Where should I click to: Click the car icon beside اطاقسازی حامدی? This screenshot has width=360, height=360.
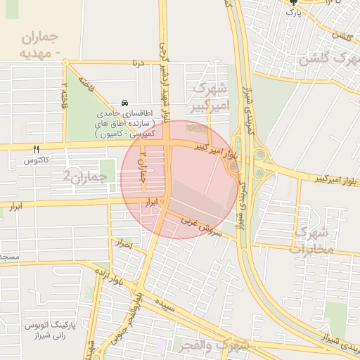[125, 103]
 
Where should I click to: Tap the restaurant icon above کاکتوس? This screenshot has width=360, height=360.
[37, 149]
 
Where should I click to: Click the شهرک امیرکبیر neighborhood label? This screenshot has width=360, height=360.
[210, 96]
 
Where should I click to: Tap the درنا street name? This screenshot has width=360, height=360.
[139, 63]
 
